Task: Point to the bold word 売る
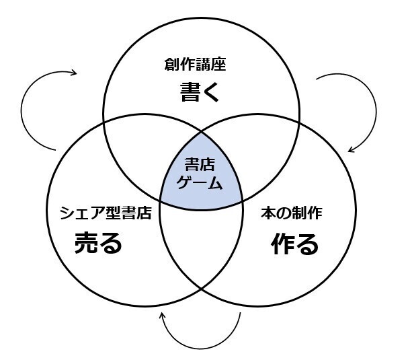(x=98, y=244)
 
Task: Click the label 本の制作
(x=291, y=214)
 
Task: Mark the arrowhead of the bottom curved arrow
(x=162, y=315)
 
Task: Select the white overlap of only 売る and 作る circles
(x=202, y=249)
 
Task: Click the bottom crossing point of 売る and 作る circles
(x=202, y=289)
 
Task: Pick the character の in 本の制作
(x=280, y=214)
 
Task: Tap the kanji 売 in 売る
(x=86, y=244)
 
